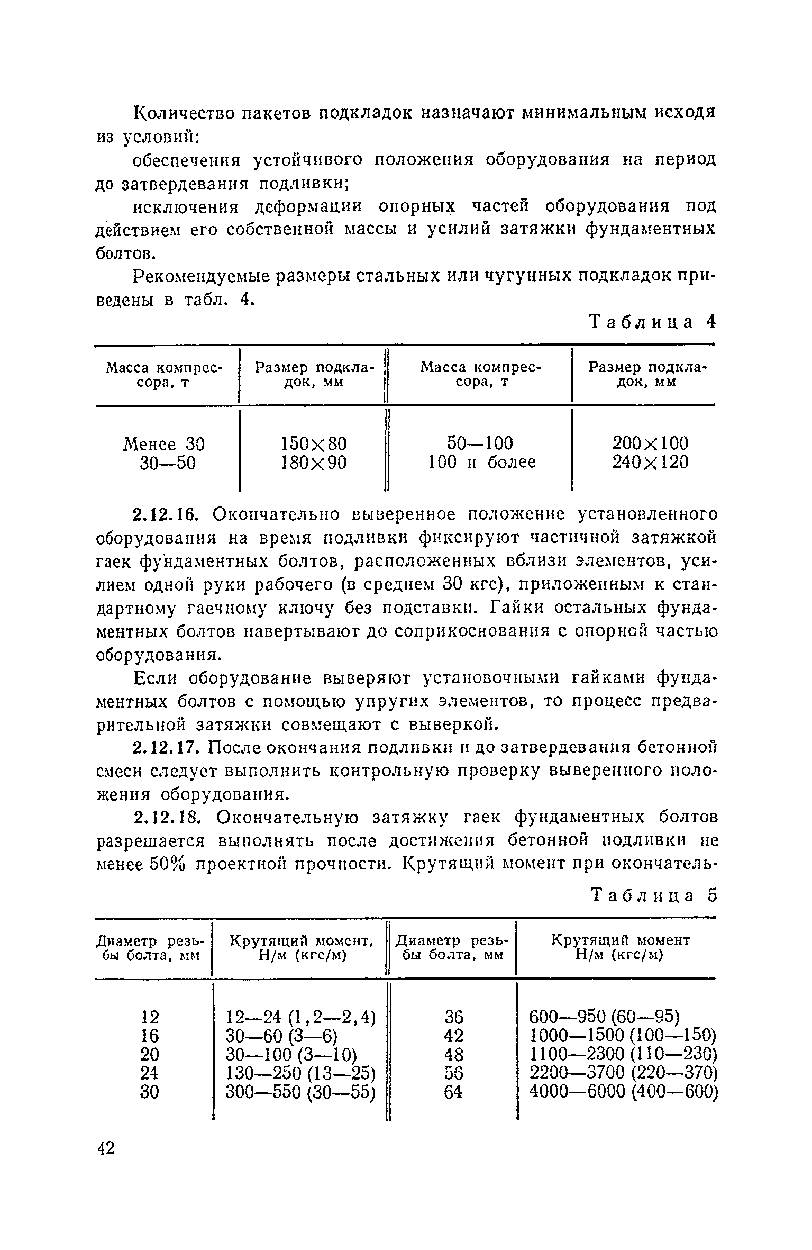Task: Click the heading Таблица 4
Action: (x=652, y=322)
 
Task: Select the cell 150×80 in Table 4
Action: (x=314, y=443)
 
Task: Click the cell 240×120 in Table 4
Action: (x=651, y=463)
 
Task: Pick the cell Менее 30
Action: (x=164, y=443)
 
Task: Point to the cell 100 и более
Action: (x=481, y=463)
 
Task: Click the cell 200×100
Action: (x=651, y=443)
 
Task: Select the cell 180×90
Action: (x=314, y=463)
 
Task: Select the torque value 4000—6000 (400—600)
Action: (x=623, y=1092)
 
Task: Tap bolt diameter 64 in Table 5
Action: (x=453, y=1092)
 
